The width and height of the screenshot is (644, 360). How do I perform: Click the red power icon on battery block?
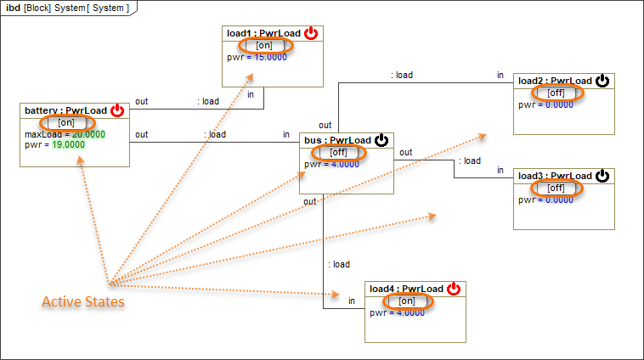(x=117, y=110)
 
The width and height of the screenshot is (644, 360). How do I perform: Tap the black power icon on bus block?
(x=381, y=140)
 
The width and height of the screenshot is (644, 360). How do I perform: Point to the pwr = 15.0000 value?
(x=257, y=57)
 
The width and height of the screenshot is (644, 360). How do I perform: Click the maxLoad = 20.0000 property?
(x=65, y=134)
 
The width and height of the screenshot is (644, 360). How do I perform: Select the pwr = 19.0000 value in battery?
(x=55, y=144)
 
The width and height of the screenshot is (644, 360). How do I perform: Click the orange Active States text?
(x=83, y=302)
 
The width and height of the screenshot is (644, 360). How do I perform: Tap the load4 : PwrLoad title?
(x=406, y=289)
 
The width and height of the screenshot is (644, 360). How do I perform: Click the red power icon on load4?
(x=454, y=289)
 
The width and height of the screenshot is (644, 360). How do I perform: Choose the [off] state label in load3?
(x=555, y=188)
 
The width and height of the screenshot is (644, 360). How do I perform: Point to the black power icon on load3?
(x=602, y=176)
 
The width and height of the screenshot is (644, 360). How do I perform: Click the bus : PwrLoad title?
(x=337, y=140)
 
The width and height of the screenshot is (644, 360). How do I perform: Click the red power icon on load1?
(x=311, y=33)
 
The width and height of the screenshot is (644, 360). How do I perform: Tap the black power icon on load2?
(x=602, y=81)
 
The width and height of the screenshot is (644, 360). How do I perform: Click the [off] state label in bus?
(x=338, y=152)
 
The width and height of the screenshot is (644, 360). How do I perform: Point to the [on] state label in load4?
(x=406, y=301)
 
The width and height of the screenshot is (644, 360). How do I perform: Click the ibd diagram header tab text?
(x=68, y=8)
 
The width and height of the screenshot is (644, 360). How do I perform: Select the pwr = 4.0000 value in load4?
(x=397, y=312)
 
